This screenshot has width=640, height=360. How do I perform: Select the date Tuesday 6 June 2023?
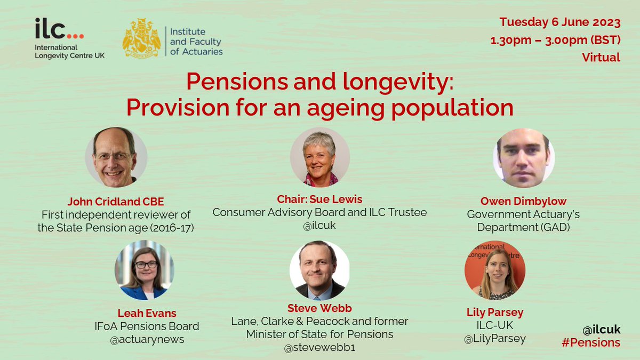560,23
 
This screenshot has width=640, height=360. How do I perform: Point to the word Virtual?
601,57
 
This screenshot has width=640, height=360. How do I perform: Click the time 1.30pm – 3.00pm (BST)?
555,40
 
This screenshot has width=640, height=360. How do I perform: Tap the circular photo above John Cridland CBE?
116,157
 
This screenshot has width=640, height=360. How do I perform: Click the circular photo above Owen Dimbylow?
524,158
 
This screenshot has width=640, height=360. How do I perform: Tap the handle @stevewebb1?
319,348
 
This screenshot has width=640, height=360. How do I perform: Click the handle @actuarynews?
147,340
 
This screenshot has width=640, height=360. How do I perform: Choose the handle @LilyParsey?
494,339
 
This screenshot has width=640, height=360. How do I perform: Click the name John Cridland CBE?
115,202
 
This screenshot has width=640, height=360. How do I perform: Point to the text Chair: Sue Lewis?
319,199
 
